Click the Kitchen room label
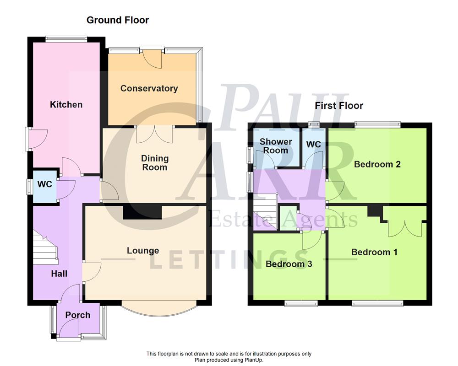[x=66, y=105]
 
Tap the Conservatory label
[x=149, y=88]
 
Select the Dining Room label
[x=154, y=163]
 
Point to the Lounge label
[x=143, y=251]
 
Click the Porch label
[x=77, y=315]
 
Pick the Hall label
[x=59, y=274]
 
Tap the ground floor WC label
[x=45, y=185]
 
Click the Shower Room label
[x=276, y=146]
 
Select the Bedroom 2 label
[x=377, y=164]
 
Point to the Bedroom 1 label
[x=374, y=252]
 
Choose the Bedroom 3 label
[x=289, y=264]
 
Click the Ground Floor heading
[x=118, y=20]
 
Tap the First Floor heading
[x=339, y=106]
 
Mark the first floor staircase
[x=266, y=212]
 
